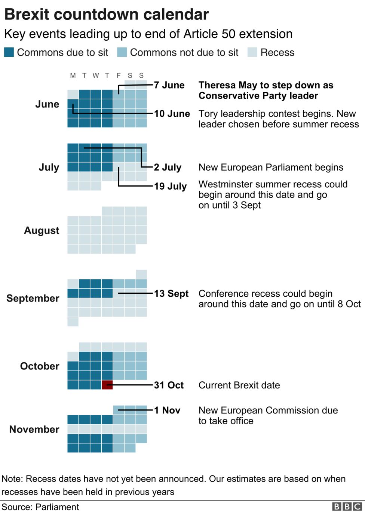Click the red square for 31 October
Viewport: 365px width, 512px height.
[107, 385]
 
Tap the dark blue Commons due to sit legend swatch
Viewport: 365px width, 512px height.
[9, 52]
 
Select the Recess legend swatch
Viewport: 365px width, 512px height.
[252, 52]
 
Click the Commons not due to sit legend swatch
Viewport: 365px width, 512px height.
[122, 52]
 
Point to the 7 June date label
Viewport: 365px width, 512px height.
[169, 85]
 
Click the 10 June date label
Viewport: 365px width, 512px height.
[172, 113]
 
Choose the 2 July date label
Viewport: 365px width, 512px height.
[168, 167]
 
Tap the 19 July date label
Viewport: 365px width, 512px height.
[170, 186]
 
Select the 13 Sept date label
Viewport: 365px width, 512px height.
[171, 293]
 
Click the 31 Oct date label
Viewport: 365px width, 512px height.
[169, 385]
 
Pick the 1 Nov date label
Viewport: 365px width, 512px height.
[167, 410]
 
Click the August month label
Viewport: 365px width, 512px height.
[42, 230]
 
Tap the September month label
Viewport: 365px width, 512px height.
[33, 298]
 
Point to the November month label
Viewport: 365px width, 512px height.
[34, 429]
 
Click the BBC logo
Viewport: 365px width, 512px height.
[347, 506]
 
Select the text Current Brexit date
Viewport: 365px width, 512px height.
[239, 385]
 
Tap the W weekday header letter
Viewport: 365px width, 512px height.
[96, 75]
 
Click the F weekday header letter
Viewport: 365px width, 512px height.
[119, 75]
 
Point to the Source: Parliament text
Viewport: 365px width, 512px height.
[40, 507]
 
